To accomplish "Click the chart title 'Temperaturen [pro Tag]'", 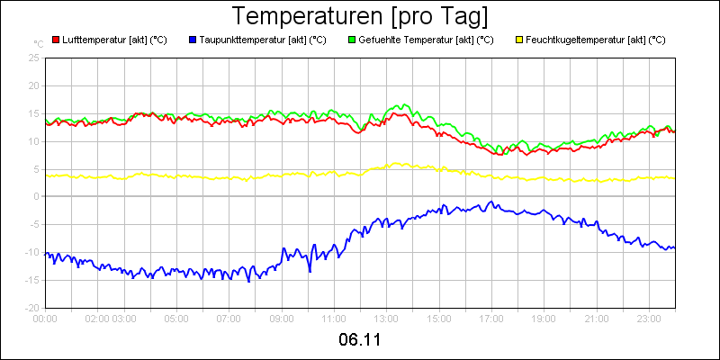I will click(360, 16).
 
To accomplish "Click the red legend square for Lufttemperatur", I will click(56, 40).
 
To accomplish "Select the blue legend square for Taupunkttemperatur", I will click(193, 40).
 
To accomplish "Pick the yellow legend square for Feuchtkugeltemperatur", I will click(519, 40).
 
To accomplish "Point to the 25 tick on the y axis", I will click(34, 58).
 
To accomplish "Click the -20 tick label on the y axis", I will click(32, 307).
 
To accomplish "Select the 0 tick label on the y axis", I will click(36, 196).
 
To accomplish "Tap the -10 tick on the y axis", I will click(32, 252).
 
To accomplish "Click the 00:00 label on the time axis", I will click(45, 318).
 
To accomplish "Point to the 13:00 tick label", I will click(386, 318).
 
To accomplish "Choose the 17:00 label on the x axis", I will click(491, 318).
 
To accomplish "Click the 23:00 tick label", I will click(649, 318).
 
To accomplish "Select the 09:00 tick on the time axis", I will click(282, 318).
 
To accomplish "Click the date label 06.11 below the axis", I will click(360, 340).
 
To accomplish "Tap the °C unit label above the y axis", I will click(38, 43).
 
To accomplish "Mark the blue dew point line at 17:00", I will click(491, 202).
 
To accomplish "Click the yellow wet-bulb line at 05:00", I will click(176, 176).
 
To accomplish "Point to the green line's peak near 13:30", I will click(402, 105).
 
